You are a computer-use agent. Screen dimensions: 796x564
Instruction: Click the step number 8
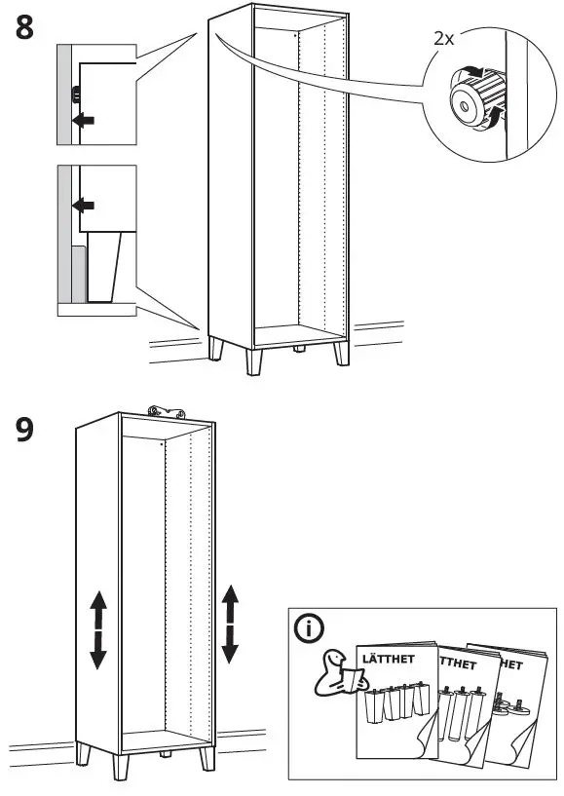(25, 26)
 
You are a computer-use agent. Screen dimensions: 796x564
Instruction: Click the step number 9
(26, 431)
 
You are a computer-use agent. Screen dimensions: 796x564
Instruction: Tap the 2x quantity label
(445, 38)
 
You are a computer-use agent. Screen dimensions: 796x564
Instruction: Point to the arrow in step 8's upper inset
(85, 119)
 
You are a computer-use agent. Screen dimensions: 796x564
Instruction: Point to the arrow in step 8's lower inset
(85, 207)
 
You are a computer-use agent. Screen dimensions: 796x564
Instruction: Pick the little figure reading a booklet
(336, 671)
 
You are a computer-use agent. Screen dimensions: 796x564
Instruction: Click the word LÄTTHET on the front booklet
(389, 659)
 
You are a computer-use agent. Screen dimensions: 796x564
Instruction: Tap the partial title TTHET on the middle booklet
(459, 664)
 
